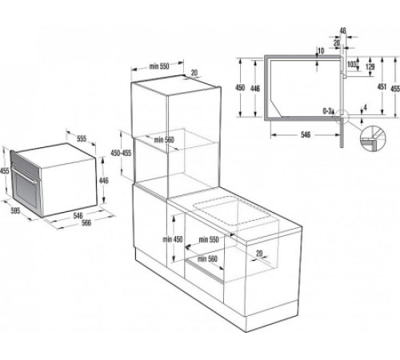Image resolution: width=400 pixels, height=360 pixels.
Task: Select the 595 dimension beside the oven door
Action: point(9,212)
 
